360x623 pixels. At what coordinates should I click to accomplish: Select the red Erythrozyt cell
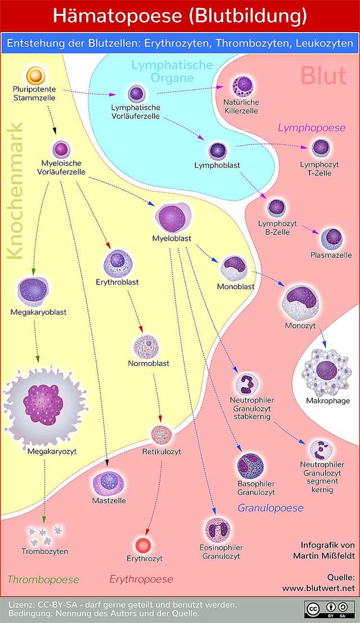[143, 544]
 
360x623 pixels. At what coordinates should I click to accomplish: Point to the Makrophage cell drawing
[326, 372]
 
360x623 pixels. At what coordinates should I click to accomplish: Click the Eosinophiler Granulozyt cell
[218, 530]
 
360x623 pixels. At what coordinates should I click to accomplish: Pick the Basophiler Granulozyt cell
[251, 466]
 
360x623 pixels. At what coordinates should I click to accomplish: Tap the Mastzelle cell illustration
[108, 484]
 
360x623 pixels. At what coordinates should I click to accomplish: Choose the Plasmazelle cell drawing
[331, 239]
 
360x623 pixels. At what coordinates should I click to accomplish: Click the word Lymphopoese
[312, 128]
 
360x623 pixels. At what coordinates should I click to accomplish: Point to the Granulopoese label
[271, 508]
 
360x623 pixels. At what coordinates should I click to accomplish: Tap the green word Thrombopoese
[43, 579]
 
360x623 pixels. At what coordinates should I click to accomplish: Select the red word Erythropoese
[141, 579]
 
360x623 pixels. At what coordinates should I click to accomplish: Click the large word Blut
[323, 75]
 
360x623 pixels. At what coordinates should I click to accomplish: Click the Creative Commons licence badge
[330, 609]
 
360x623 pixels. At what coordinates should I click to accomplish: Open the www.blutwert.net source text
[319, 588]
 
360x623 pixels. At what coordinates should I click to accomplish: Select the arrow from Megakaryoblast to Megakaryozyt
[36, 341]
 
